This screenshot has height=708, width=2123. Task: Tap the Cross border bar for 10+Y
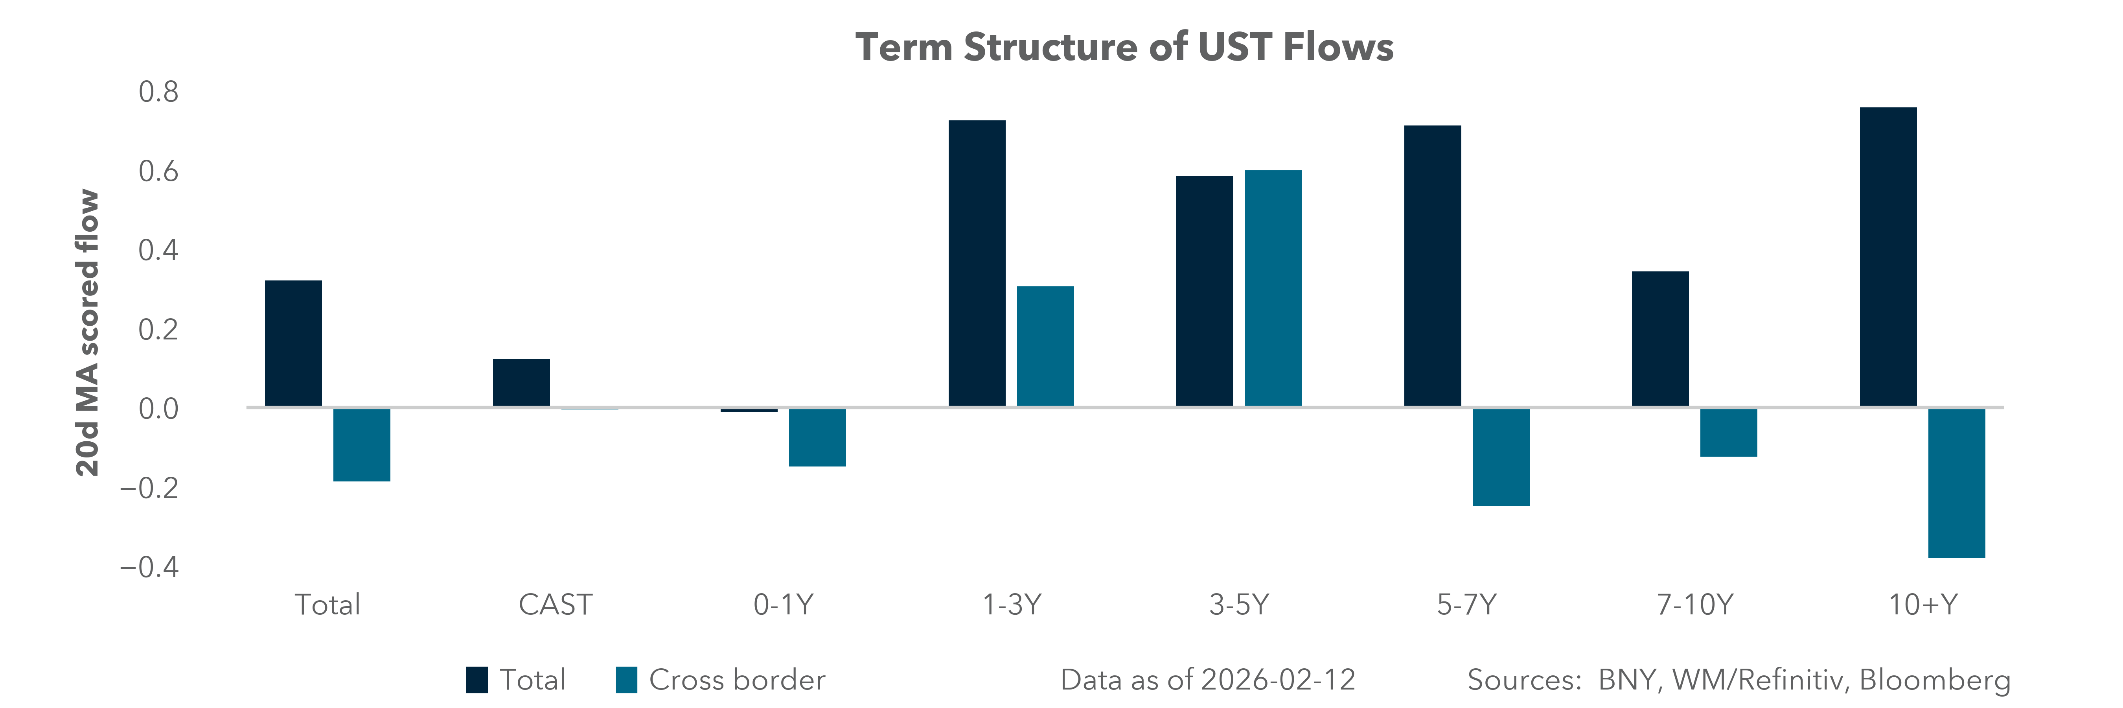coord(1957,483)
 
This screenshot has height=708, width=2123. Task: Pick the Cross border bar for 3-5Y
coord(1273,288)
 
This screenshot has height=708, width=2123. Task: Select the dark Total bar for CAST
coord(521,382)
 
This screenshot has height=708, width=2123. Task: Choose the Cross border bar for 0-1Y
coord(817,437)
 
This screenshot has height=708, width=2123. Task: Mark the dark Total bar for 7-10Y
coord(1660,339)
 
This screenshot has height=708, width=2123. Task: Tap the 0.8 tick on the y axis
coord(158,92)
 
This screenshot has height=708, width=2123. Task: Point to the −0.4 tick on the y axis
coord(149,567)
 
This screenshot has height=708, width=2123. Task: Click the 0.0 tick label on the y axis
coord(158,409)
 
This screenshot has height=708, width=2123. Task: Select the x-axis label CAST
coord(555,605)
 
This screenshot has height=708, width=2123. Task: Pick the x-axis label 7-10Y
coord(1694,605)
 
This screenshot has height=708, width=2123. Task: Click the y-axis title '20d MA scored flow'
coord(87,333)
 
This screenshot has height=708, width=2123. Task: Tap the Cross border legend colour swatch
coord(626,680)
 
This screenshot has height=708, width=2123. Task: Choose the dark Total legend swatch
coord(476,680)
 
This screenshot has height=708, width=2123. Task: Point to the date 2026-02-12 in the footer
coord(1277,680)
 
